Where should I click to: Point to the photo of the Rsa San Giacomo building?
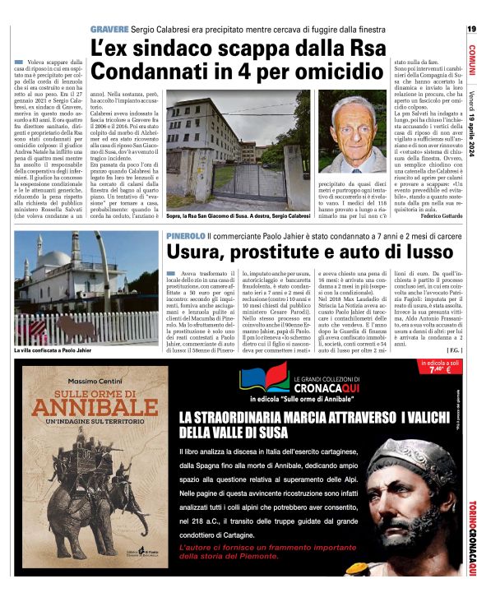pos(216,155)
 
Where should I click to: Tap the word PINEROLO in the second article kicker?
pos(182,237)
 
